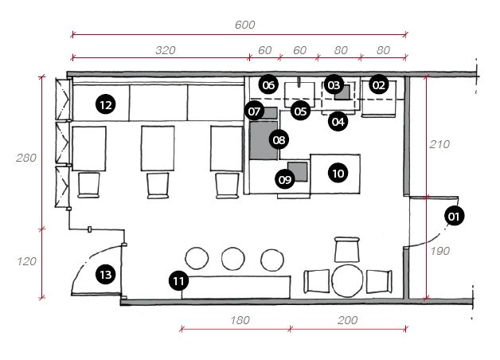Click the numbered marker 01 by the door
pyautogui.click(x=454, y=216)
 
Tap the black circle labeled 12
pyautogui.click(x=106, y=104)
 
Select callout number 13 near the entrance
pyautogui.click(x=106, y=274)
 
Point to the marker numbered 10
pyautogui.click(x=338, y=173)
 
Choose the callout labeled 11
pyautogui.click(x=178, y=281)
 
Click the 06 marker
pyautogui.click(x=268, y=85)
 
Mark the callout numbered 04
pyautogui.click(x=338, y=122)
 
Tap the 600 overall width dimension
pyautogui.click(x=245, y=25)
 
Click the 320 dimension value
pyautogui.click(x=166, y=50)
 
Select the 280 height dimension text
pyautogui.click(x=26, y=158)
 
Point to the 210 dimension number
pyautogui.click(x=439, y=144)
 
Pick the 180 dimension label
pyautogui.click(x=240, y=320)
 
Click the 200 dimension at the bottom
pyautogui.click(x=348, y=320)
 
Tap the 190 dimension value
pyautogui.click(x=440, y=251)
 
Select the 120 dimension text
pyautogui.click(x=26, y=261)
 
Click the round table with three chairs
pyautogui.click(x=347, y=280)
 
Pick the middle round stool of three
pyautogui.click(x=233, y=259)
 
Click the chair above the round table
pyautogui.click(x=347, y=249)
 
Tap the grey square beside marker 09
pyautogui.click(x=298, y=171)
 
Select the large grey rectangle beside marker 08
pyautogui.click(x=263, y=140)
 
